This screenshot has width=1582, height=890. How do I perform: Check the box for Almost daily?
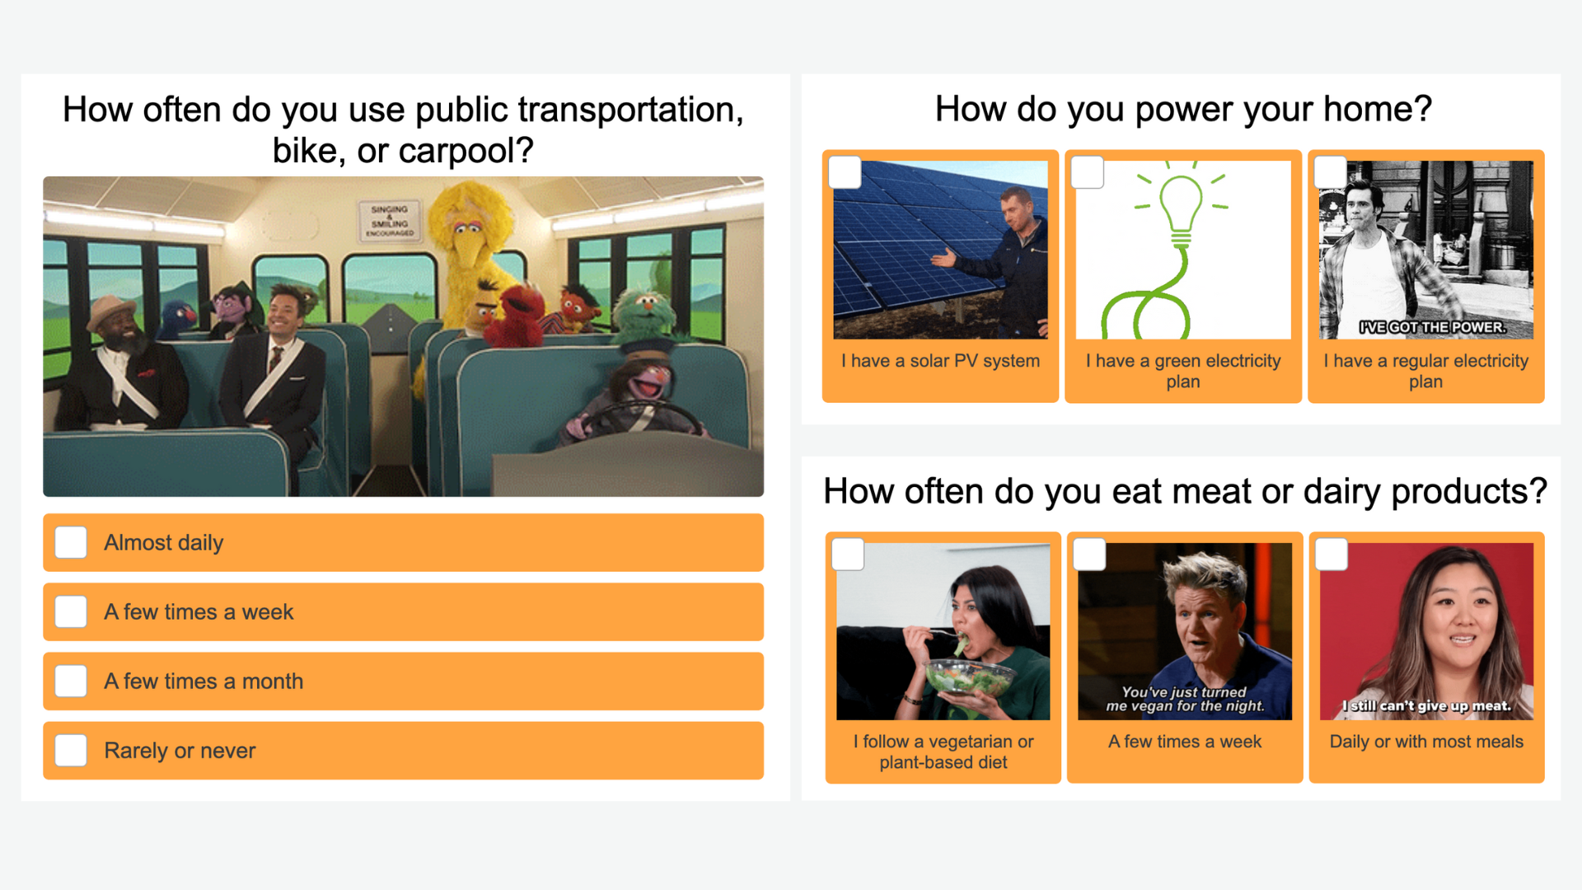click(71, 542)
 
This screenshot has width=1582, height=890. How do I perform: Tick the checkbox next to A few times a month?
click(71, 681)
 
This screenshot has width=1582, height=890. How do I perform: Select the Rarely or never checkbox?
click(71, 750)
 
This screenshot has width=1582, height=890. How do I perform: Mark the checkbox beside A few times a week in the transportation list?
click(71, 611)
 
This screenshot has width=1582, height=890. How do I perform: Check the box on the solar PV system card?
click(845, 172)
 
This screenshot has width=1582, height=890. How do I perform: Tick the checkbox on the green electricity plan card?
click(1088, 172)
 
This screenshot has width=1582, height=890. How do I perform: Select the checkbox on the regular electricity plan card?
click(1330, 172)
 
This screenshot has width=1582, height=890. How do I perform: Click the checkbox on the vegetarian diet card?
click(848, 554)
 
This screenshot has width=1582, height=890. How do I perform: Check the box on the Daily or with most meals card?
click(1332, 554)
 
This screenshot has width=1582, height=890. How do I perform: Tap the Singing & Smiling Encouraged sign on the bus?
click(389, 221)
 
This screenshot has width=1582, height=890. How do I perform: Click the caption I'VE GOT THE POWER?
click(1432, 327)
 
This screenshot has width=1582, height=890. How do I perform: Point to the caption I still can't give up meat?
click(1426, 705)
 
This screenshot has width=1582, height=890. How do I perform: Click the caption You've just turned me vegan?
click(1185, 699)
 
